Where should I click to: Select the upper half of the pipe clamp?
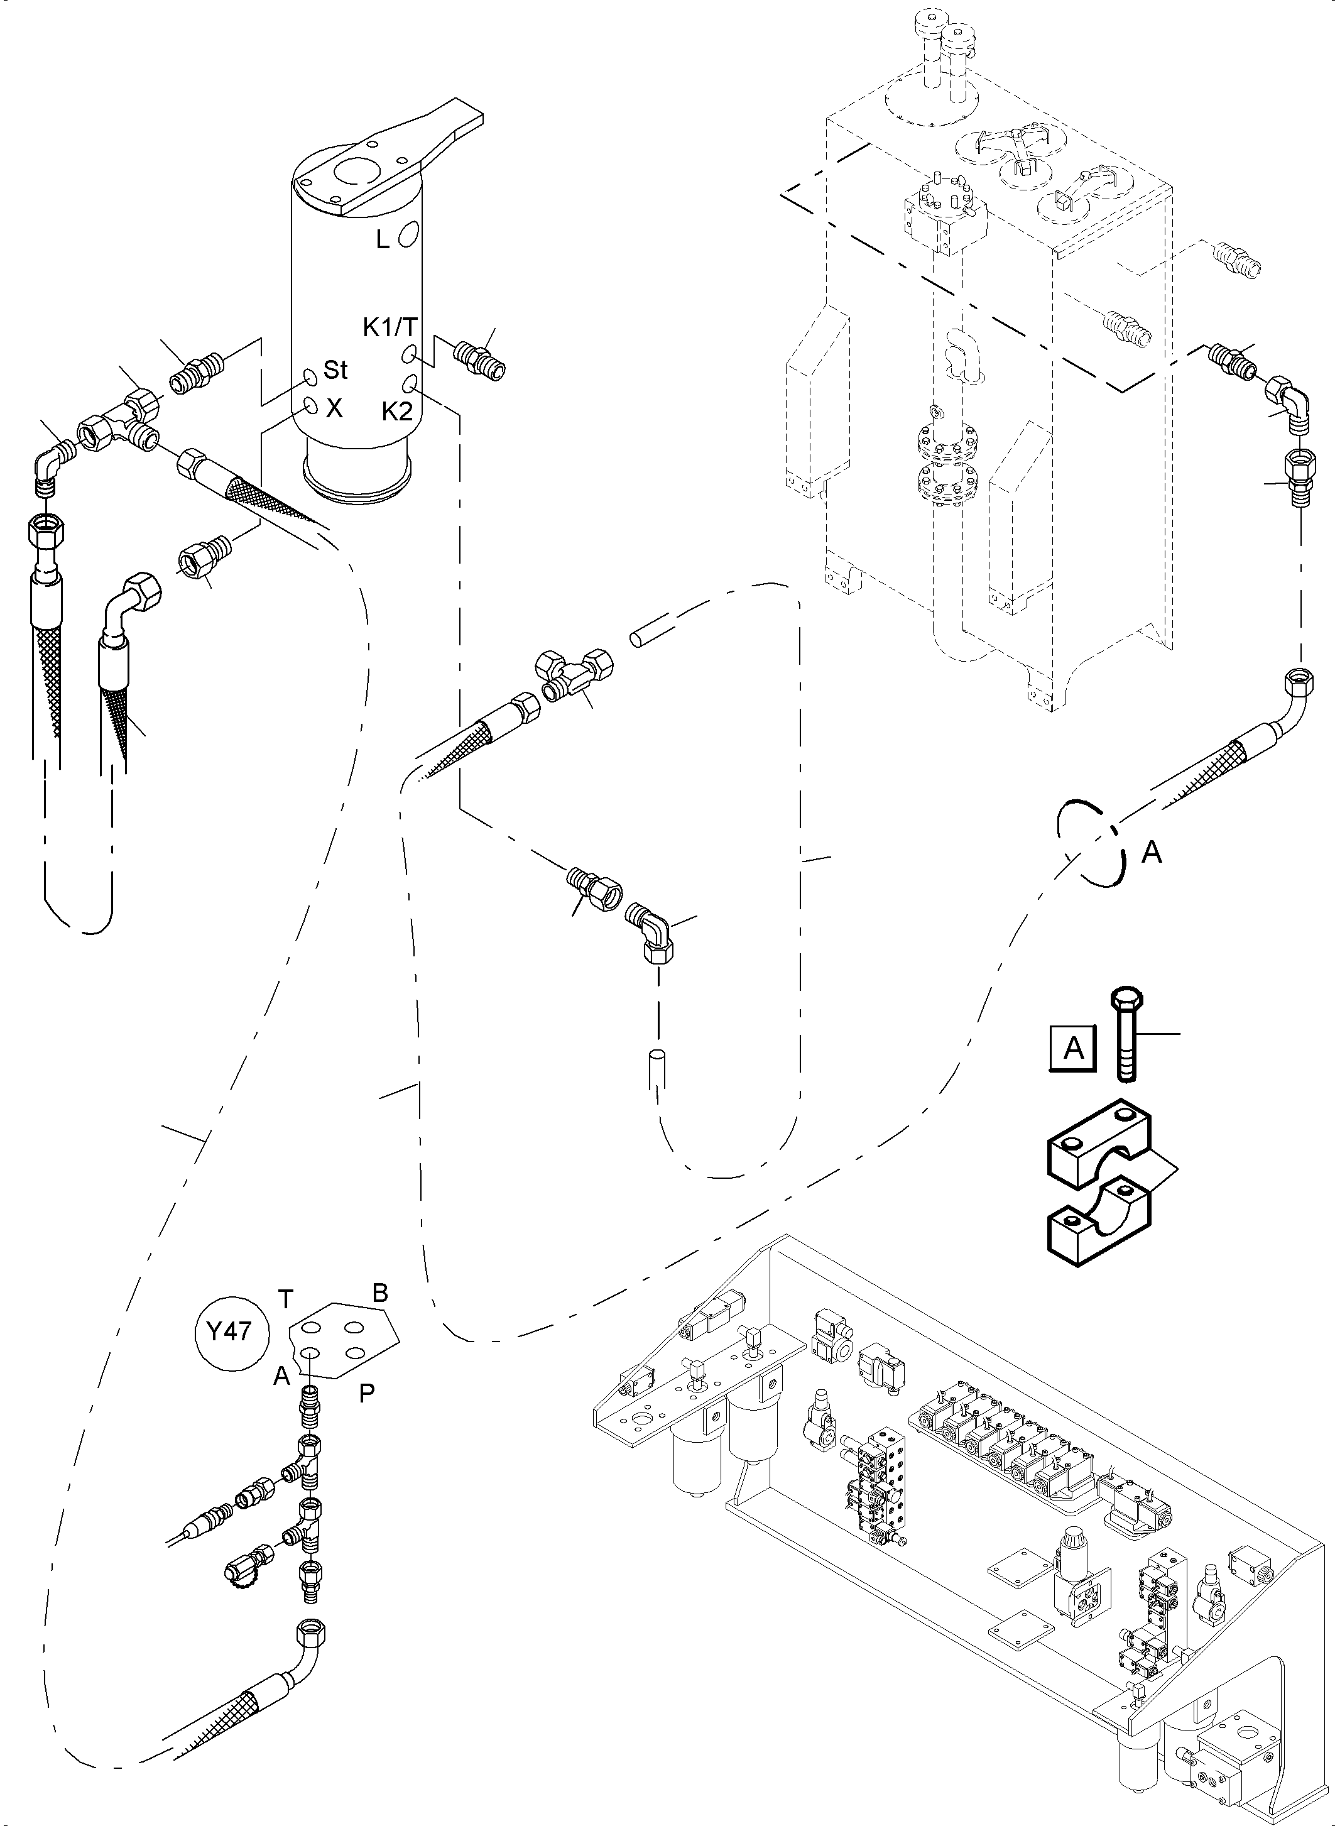point(1099,1149)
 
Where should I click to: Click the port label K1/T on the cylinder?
point(390,327)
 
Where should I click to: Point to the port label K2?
point(398,412)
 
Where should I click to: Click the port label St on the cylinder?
point(335,370)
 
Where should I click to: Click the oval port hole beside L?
point(409,232)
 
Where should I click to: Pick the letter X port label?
point(334,409)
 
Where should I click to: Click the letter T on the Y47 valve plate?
point(285,1299)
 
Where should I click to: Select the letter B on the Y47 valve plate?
point(380,1292)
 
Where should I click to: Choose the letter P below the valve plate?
point(366,1394)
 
